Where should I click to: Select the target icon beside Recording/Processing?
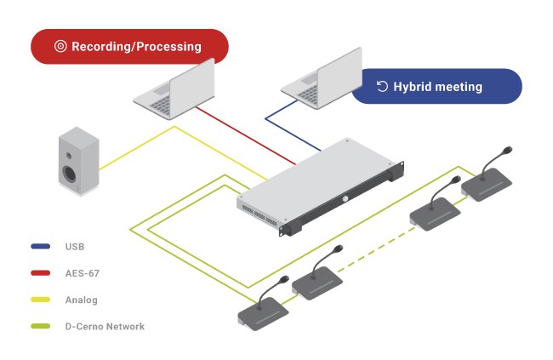tap(60, 47)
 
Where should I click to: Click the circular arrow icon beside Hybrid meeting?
tap(382, 86)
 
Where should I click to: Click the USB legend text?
tap(75, 247)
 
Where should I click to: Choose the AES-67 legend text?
tap(82, 273)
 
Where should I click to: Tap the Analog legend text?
tap(81, 300)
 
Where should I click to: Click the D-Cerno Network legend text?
tap(105, 326)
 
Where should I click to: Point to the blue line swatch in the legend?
tap(40, 247)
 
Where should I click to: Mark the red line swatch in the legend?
tap(40, 273)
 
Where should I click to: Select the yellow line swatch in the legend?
tap(40, 300)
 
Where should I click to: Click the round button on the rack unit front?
tap(346, 199)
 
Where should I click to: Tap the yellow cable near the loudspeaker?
tap(136, 149)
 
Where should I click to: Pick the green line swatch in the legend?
tap(40, 326)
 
